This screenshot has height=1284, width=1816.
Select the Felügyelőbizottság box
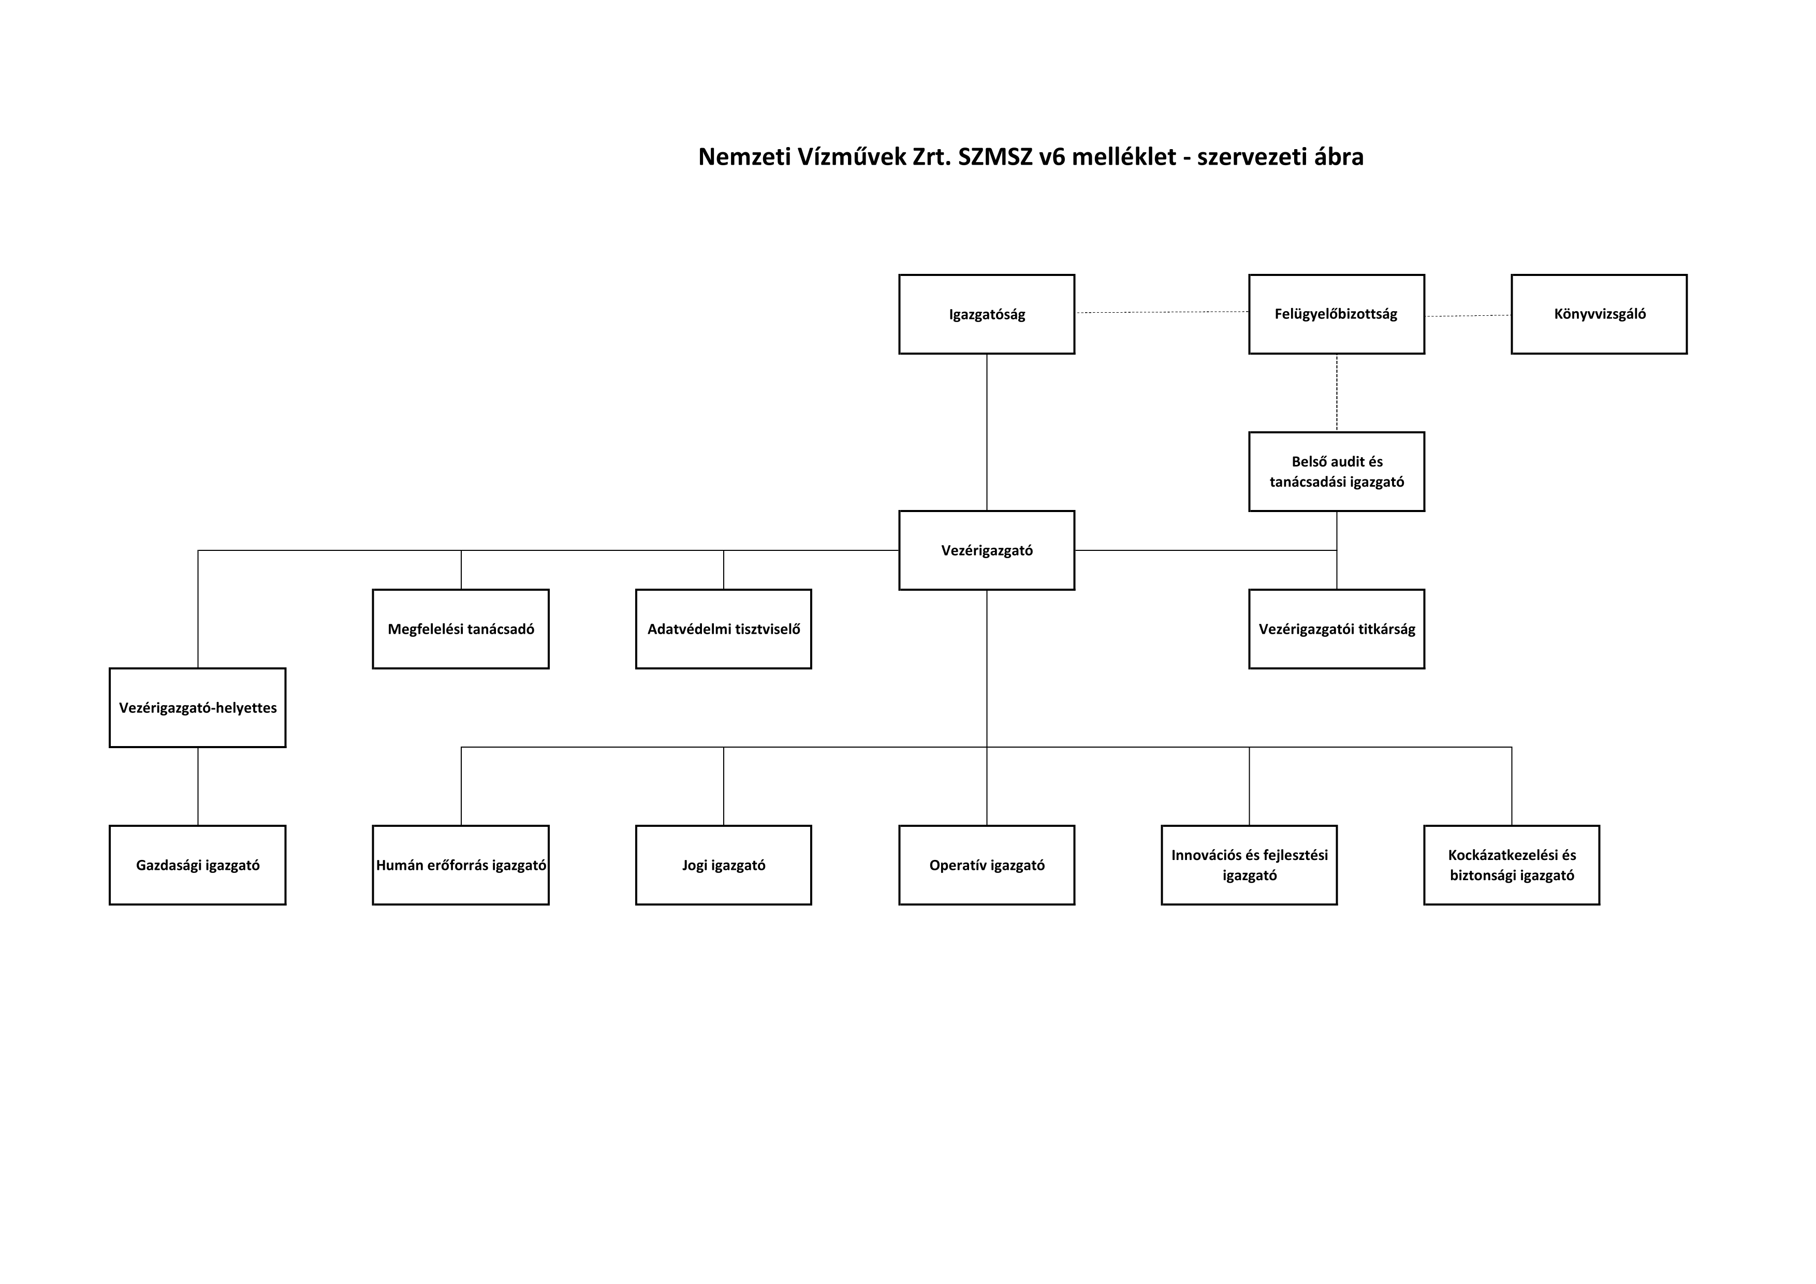[x=1337, y=314]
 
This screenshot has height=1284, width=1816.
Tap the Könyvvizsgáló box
[x=1599, y=314]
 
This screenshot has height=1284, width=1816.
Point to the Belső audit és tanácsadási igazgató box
[x=1337, y=472]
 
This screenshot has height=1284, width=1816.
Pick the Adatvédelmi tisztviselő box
[x=724, y=629]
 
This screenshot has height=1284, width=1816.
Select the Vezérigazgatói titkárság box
[x=1337, y=629]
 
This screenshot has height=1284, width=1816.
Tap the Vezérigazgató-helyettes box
[x=198, y=707]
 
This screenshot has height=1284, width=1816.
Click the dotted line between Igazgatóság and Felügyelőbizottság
[x=1162, y=313]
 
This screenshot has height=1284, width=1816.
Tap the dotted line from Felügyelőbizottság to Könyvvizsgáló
[x=1468, y=316]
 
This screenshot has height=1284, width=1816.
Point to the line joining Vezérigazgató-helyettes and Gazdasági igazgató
[x=198, y=786]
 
